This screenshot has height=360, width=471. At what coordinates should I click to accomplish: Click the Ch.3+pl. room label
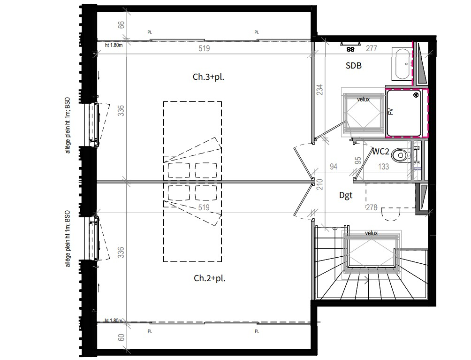point(208,77)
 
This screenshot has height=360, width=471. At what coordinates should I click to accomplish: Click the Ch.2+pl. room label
point(209,278)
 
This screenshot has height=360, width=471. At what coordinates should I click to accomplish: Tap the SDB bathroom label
point(354,66)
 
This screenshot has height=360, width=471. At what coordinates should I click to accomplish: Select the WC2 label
point(380,152)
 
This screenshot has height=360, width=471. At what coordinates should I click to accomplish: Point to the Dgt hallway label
point(346,196)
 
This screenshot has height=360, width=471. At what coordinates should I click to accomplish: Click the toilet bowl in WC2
point(399,155)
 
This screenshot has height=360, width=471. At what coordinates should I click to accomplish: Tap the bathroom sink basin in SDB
point(402,64)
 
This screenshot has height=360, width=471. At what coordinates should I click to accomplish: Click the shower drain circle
point(416,95)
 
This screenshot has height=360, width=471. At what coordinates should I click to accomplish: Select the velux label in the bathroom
point(363,100)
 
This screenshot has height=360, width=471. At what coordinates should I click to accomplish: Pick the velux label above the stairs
point(371,233)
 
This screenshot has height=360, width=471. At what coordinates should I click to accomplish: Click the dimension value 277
point(371,48)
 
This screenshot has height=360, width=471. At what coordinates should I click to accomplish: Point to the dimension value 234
point(320,90)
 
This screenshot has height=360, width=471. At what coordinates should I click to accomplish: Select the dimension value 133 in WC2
point(384,167)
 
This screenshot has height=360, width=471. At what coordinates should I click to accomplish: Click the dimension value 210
point(319,184)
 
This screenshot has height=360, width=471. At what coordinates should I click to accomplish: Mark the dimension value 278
point(372,207)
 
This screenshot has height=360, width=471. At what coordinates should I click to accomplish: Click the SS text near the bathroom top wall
point(350,50)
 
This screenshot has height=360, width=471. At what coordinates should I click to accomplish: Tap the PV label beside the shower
point(390,112)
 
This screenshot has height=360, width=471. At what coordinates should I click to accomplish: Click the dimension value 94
point(334,167)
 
